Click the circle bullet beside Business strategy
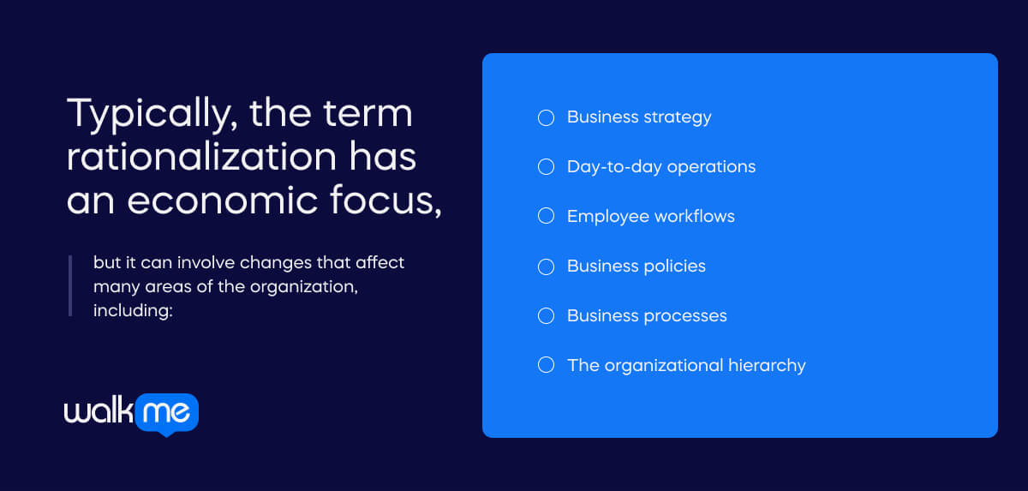tap(546, 117)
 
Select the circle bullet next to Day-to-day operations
tap(546, 167)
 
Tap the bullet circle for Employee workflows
tap(546, 217)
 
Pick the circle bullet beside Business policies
tap(546, 266)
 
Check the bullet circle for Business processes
tap(546, 316)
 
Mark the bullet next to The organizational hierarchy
tap(546, 366)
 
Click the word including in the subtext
tap(133, 309)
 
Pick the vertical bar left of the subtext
tap(70, 285)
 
